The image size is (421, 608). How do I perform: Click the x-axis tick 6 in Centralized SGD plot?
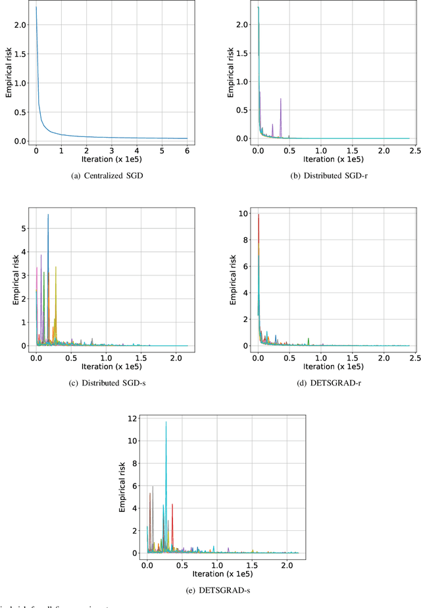[x=187, y=150]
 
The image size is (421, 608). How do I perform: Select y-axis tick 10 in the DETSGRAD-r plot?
[x=243, y=215]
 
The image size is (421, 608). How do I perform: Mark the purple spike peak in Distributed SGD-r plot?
[x=281, y=99]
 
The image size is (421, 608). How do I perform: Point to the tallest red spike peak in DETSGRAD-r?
[x=259, y=215]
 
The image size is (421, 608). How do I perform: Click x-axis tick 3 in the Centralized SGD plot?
[x=111, y=150]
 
